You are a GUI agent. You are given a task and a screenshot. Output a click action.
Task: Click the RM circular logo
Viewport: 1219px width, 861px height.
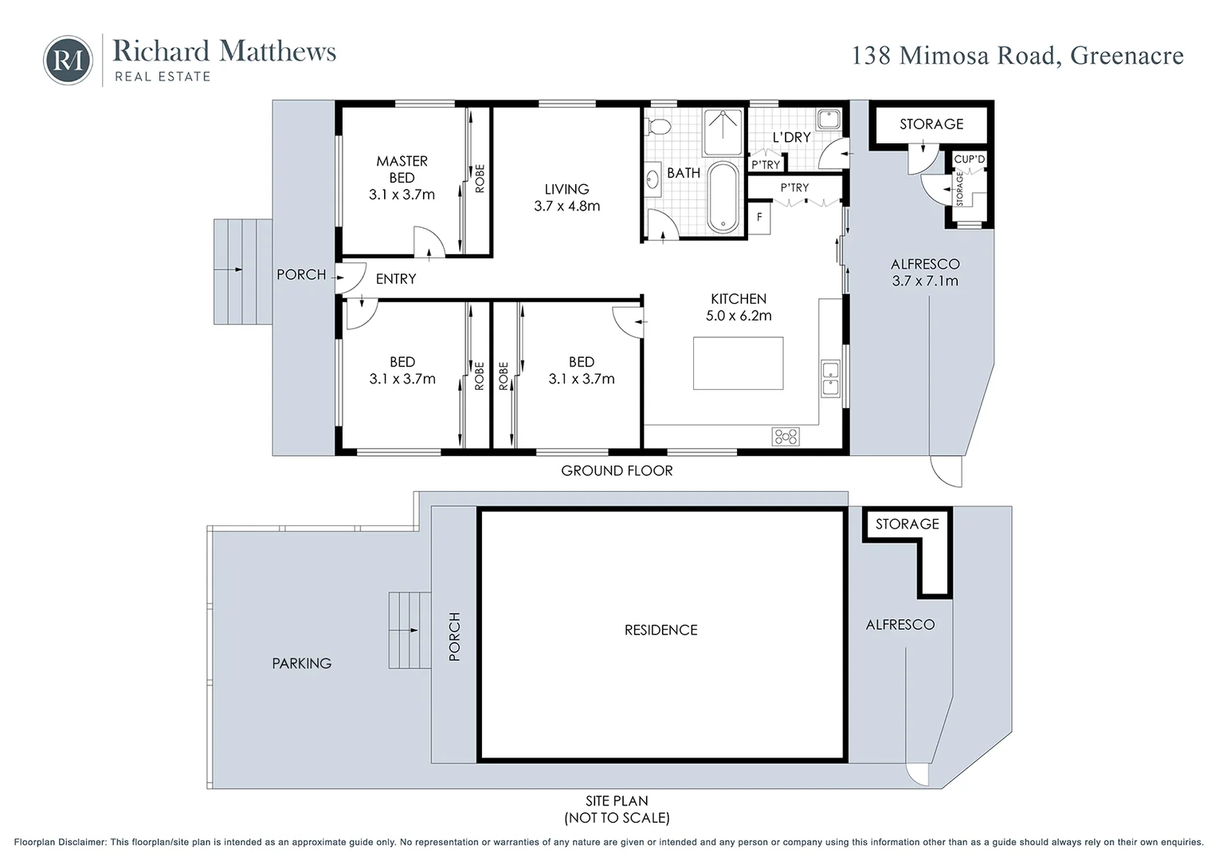pyautogui.click(x=68, y=60)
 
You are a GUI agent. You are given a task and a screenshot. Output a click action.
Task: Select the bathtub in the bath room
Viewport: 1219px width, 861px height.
pyautogui.click(x=723, y=197)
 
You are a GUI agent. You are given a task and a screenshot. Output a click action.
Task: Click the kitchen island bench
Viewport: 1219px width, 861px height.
pyautogui.click(x=738, y=364)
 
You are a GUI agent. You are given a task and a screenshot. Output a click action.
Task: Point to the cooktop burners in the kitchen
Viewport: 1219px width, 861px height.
pyautogui.click(x=786, y=436)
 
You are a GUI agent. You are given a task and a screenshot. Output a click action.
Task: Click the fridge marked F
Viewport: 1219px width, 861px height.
pyautogui.click(x=759, y=218)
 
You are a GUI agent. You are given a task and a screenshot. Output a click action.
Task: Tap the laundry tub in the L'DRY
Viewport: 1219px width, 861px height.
pyautogui.click(x=829, y=119)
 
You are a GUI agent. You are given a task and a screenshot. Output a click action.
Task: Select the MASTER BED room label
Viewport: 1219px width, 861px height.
pyautogui.click(x=402, y=169)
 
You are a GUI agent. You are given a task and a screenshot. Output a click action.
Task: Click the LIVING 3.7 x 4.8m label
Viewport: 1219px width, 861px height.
pyautogui.click(x=566, y=197)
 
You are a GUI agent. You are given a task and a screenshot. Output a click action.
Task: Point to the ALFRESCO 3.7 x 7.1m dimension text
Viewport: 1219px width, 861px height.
pyautogui.click(x=924, y=281)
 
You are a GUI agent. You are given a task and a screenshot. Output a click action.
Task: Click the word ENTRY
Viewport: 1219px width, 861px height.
pyautogui.click(x=396, y=279)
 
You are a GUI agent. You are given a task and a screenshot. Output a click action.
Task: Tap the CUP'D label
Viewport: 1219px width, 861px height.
pyautogui.click(x=969, y=159)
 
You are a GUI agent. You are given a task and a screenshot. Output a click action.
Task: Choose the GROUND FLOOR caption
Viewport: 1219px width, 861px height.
pyautogui.click(x=617, y=470)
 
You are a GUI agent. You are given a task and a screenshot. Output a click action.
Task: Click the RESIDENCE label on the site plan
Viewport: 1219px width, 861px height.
pyautogui.click(x=660, y=630)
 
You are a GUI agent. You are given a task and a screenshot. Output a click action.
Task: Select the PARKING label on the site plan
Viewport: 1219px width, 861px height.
pyautogui.click(x=301, y=663)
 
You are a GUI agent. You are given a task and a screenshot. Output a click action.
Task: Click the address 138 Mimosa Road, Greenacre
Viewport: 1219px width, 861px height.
pyautogui.click(x=1017, y=56)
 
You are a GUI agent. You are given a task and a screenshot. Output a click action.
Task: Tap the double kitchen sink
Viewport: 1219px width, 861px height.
pyautogui.click(x=830, y=379)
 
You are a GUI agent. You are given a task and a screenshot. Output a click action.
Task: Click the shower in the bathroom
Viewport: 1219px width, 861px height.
pyautogui.click(x=723, y=132)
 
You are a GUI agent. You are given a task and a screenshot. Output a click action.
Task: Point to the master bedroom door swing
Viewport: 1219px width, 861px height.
pyautogui.click(x=429, y=242)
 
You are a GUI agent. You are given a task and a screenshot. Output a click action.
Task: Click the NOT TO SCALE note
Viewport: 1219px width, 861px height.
pyautogui.click(x=617, y=817)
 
